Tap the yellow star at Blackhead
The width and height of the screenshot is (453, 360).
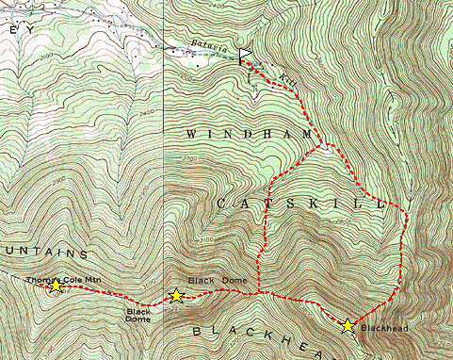tap(348, 325)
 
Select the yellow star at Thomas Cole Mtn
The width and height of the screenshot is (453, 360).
tap(56, 284)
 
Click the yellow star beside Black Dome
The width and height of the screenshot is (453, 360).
tap(175, 295)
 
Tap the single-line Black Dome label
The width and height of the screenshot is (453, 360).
tap(218, 281)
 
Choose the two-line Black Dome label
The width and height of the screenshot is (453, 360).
tap(138, 314)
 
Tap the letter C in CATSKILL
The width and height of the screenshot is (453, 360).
tap(221, 203)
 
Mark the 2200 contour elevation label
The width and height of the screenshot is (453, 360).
tap(186, 78)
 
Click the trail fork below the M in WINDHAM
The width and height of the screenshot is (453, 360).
tap(322, 146)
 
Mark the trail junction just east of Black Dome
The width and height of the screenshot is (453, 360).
tap(259, 293)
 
